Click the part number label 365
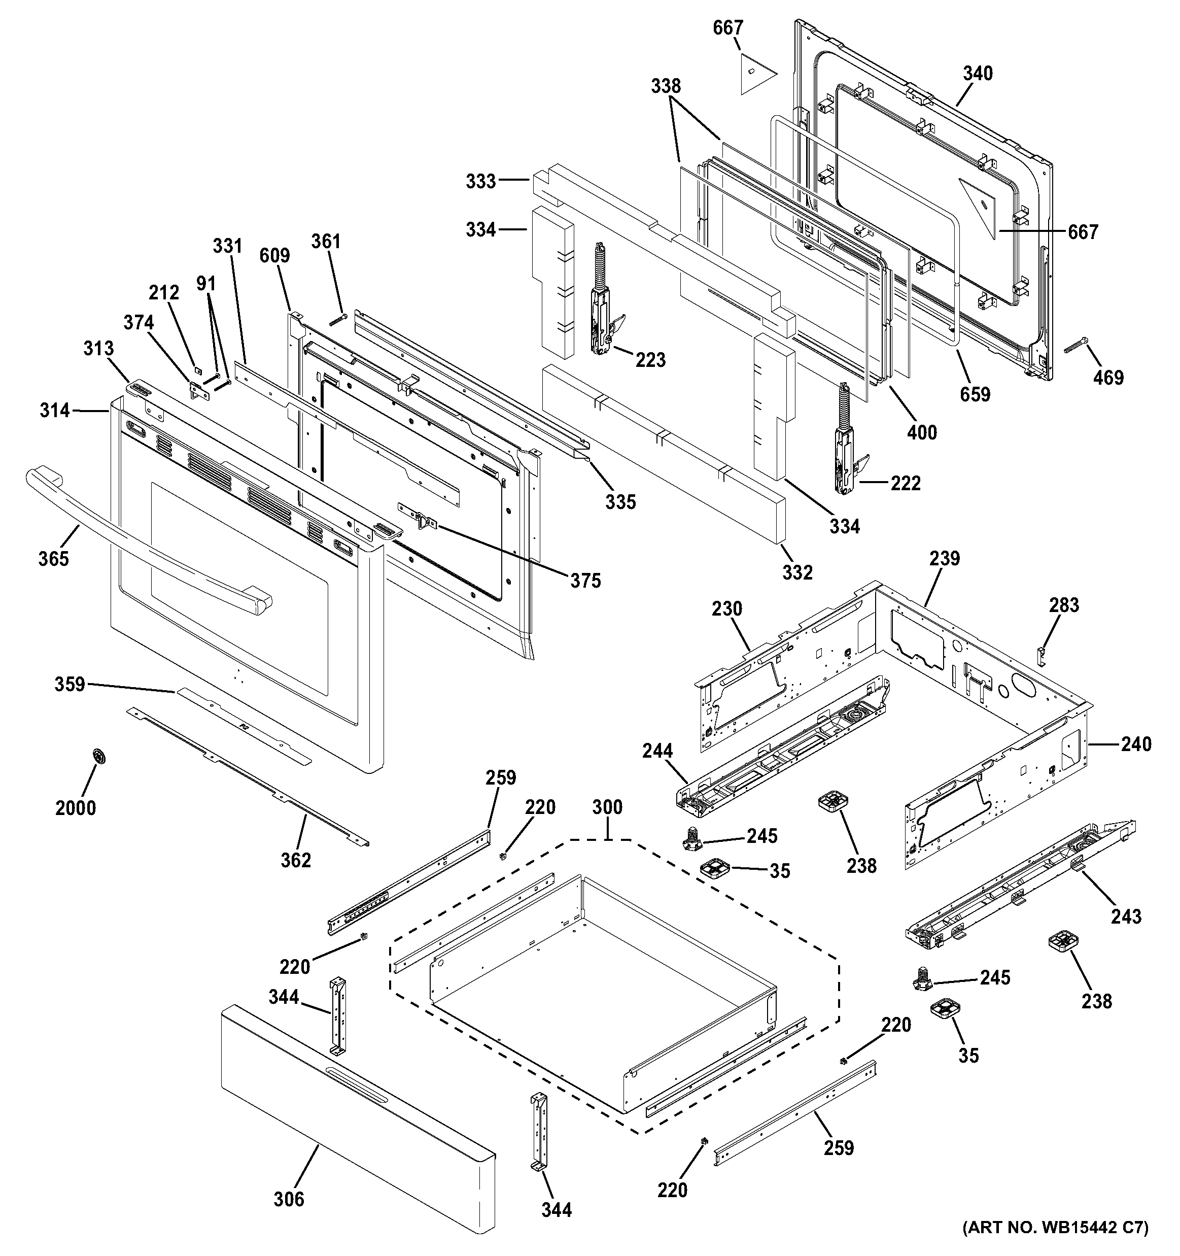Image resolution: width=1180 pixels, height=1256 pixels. tap(53, 559)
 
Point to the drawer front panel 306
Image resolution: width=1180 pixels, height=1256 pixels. tap(354, 1131)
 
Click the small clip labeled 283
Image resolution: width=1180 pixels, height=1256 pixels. tap(1042, 655)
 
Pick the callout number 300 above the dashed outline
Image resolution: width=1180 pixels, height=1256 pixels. tap(607, 807)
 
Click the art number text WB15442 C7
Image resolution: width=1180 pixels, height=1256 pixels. tap(1054, 1245)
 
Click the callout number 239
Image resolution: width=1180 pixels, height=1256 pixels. tap(945, 559)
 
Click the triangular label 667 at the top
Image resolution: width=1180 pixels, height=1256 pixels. tap(751, 73)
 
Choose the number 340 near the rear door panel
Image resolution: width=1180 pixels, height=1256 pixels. tap(977, 74)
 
